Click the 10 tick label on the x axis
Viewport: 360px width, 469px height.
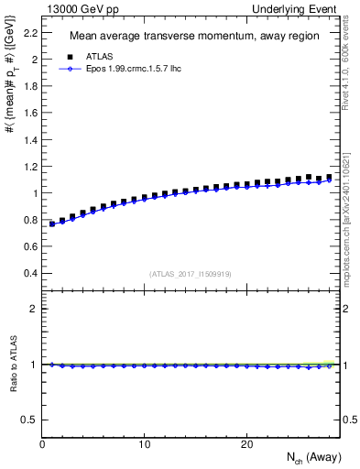144,444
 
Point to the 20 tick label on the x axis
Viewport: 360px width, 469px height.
245,444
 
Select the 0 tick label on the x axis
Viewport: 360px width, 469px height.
42,444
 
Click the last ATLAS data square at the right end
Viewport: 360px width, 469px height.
329,177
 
